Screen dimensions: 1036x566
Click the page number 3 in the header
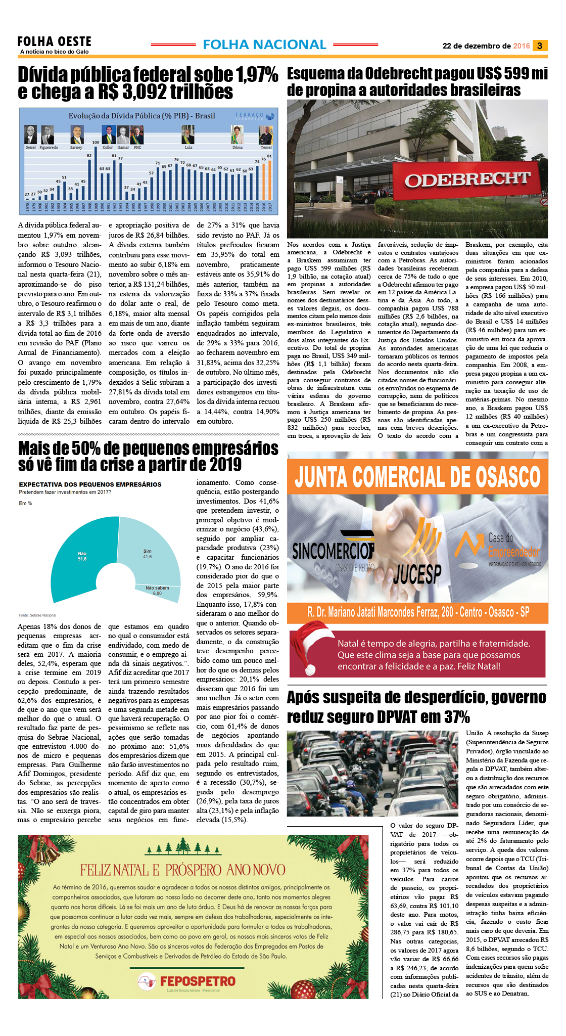point(540,46)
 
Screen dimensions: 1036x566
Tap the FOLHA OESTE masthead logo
point(54,42)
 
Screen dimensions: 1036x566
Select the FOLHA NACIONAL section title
point(264,44)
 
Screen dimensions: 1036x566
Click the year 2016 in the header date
point(521,46)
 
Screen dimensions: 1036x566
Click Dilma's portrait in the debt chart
point(237,135)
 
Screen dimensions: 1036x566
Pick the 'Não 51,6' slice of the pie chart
point(78,555)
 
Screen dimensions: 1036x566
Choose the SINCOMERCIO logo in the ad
point(334,551)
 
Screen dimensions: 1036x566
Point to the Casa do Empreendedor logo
point(498,549)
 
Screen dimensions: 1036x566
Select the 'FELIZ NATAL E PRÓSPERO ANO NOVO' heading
point(183,870)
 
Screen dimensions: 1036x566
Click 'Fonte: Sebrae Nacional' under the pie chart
point(37,615)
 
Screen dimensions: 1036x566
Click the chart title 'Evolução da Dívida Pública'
point(141,116)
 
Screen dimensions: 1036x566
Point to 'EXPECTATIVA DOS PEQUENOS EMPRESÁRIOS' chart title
point(90,484)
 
